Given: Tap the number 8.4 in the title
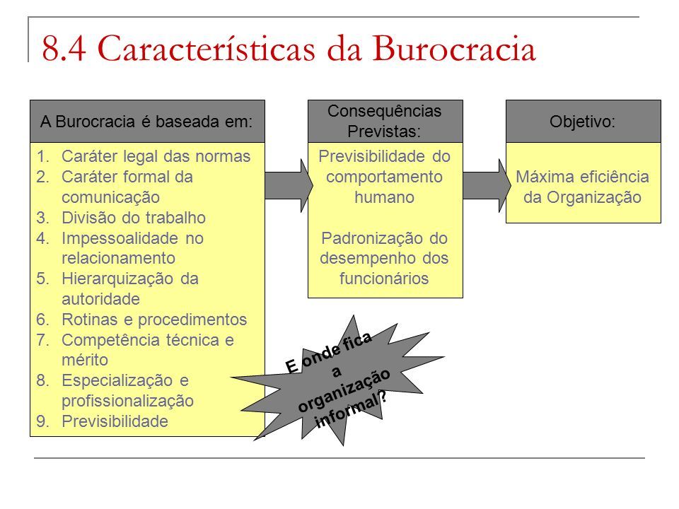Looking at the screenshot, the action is coord(64,48).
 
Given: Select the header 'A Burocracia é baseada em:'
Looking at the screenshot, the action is coord(147,122).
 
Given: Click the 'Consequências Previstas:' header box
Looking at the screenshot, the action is coord(385,121).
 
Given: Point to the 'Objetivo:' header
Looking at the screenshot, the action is coord(583,122).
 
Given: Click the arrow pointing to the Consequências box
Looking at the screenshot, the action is coord(289,185).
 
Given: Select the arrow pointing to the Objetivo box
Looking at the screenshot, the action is coord(487,185).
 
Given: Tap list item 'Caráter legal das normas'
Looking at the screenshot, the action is coord(156,156).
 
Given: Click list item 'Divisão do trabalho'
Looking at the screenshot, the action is coord(134,218).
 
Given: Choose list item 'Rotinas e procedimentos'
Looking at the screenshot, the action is coord(154,320).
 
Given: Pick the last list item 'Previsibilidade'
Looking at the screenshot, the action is coord(115,421).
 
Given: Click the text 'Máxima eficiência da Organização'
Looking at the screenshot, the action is coord(582,187).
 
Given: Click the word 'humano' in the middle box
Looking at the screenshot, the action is coord(385,197).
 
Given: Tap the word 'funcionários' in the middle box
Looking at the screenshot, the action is coord(384,279).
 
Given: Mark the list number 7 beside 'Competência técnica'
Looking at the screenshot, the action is coord(42,340).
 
